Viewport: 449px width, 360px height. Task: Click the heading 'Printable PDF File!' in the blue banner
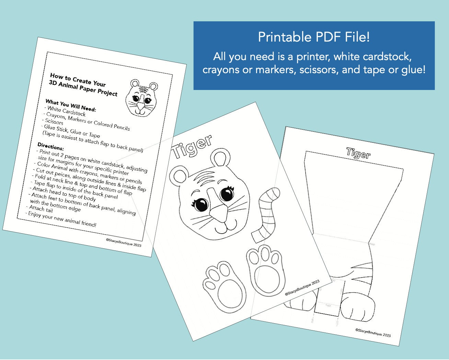[x=314, y=37]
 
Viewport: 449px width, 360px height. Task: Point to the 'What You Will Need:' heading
[x=71, y=106]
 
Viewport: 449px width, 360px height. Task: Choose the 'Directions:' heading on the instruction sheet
[x=50, y=147]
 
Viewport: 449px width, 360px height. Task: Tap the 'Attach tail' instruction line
[x=41, y=209]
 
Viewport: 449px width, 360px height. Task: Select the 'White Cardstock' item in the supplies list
[x=66, y=111]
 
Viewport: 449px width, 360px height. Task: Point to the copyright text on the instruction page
[x=124, y=243]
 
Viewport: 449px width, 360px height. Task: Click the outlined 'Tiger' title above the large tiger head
[x=192, y=146]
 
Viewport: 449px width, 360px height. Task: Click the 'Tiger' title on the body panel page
[x=358, y=153]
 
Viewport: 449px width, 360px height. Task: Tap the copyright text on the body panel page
[x=373, y=333]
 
